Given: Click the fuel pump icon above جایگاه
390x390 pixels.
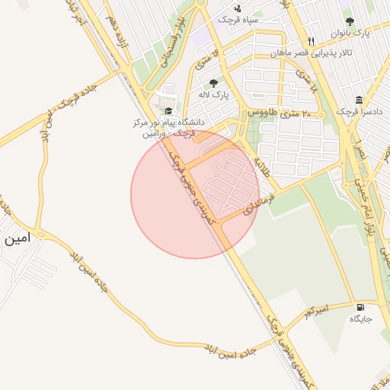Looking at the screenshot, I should coord(360,308).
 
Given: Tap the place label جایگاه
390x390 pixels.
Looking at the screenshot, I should coord(360,319).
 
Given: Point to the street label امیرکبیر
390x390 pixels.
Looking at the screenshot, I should coord(314,310).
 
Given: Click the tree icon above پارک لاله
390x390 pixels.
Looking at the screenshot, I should coord(213,82).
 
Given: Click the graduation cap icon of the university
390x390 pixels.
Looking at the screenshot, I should coord(168,111).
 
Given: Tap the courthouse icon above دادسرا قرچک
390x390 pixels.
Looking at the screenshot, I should coord(359,100).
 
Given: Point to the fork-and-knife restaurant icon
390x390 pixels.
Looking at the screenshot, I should coord(311,42).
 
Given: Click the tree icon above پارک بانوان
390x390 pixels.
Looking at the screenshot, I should coord(350,22).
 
